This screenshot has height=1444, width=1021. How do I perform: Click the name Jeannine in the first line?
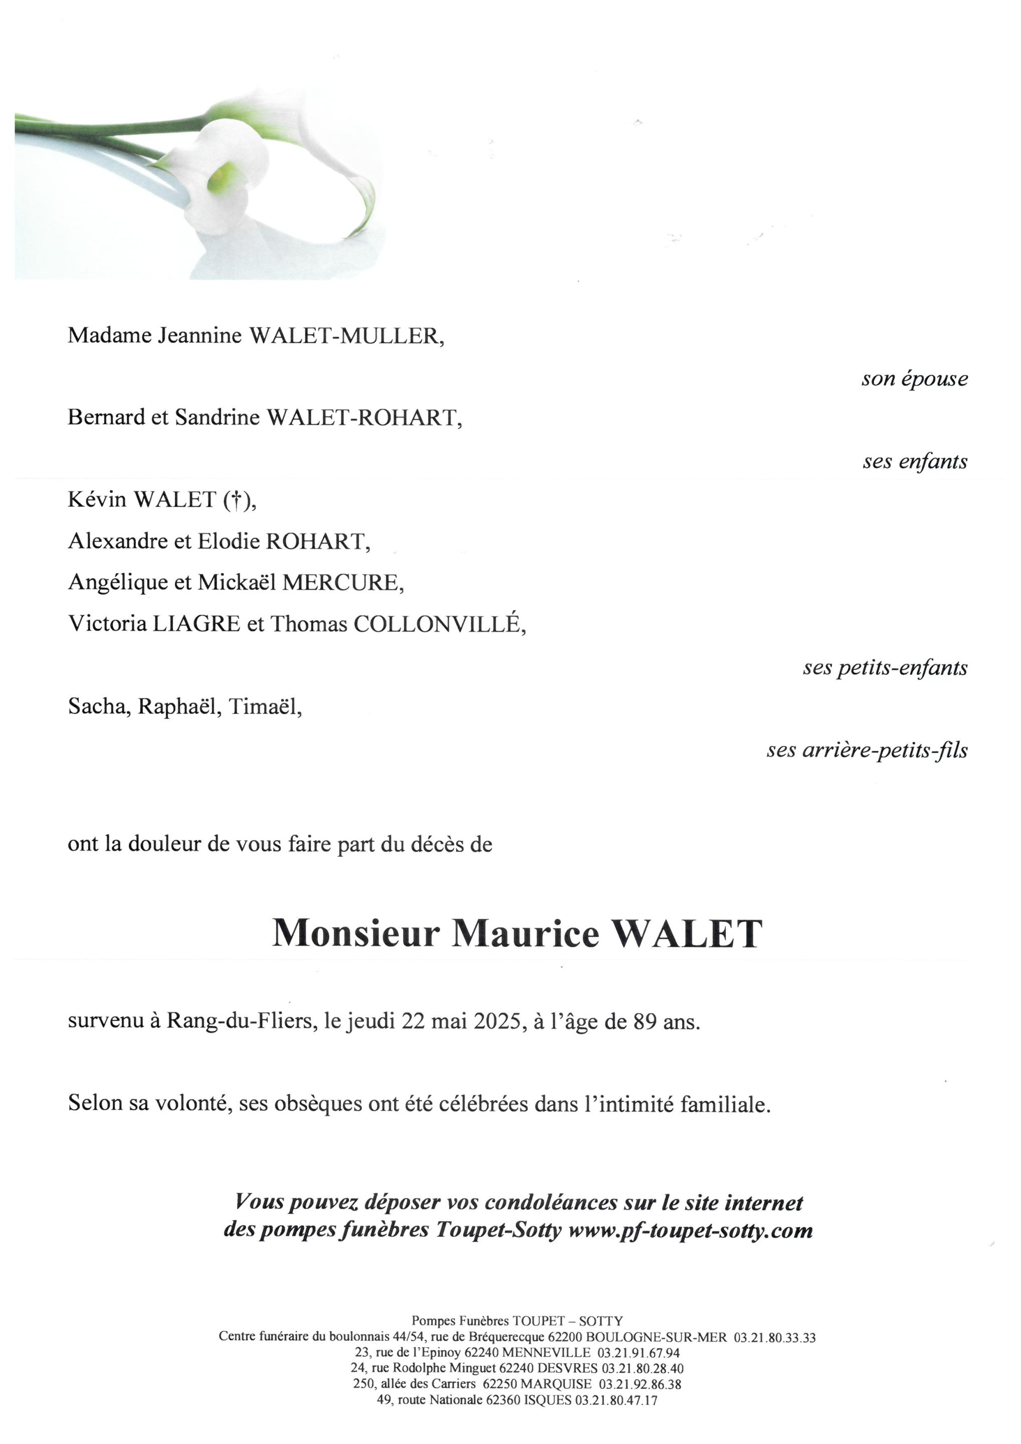[x=199, y=335]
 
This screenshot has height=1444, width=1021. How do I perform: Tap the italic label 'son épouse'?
[x=914, y=379]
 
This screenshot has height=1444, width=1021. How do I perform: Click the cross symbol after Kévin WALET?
[x=237, y=499]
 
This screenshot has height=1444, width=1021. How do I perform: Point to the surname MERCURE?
[x=342, y=583]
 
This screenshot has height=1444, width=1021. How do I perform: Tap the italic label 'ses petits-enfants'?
[x=885, y=667]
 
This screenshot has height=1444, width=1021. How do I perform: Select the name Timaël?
[x=265, y=707]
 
